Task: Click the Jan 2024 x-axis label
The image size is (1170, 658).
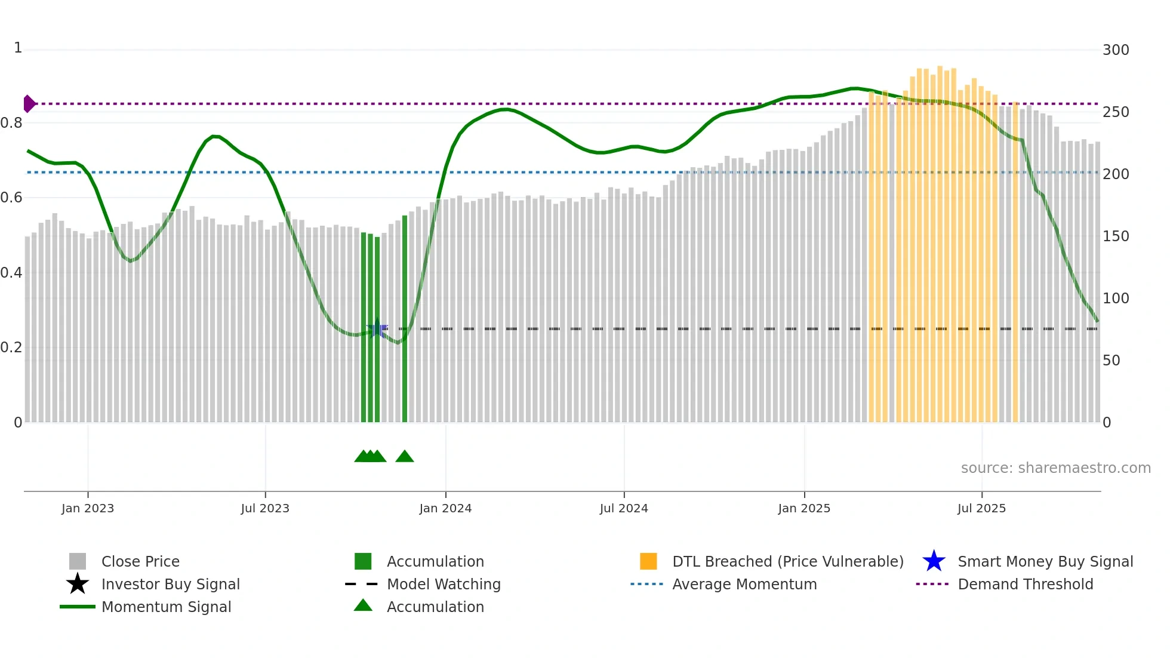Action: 445,508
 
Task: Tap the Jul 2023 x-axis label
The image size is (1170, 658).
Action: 265,508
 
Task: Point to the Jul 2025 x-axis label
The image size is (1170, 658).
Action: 981,508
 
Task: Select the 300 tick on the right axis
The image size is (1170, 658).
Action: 1115,50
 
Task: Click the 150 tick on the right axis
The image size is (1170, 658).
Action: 1115,236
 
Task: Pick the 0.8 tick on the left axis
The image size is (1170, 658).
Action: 11,123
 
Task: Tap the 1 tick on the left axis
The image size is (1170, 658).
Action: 18,48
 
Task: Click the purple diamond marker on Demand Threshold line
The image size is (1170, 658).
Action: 29,104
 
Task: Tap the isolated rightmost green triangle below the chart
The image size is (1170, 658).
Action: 405,457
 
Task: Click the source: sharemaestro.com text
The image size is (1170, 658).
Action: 1055,468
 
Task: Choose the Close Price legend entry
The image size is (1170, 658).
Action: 140,561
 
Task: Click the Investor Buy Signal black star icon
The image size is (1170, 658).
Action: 78,584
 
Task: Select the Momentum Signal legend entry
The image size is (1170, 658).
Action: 166,607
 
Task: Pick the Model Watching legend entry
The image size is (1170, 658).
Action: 444,584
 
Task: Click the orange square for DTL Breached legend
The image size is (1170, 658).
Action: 648,561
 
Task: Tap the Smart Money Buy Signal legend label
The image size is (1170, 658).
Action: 1045,561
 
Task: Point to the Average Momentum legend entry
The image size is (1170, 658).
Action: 744,584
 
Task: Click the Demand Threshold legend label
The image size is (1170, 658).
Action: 1025,584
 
